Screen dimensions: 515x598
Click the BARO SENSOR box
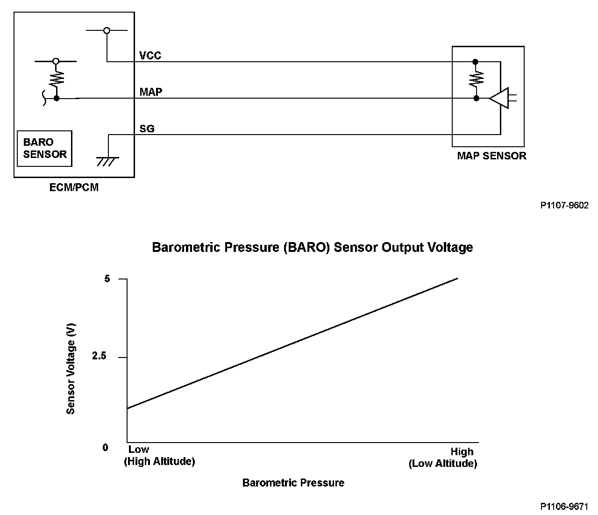pyautogui.click(x=44, y=148)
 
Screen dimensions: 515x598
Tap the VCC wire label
pyautogui.click(x=150, y=56)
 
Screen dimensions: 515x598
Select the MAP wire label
pyautogui.click(x=151, y=92)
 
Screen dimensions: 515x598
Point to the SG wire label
pyautogui.click(x=147, y=128)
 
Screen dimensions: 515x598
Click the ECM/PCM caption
pyautogui.click(x=74, y=188)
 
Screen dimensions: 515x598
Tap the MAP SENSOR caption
pyautogui.click(x=491, y=156)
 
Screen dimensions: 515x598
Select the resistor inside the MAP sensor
pyautogui.click(x=476, y=78)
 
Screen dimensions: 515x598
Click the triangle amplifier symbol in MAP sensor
pyautogui.click(x=498, y=98)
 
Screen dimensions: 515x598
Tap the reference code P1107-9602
pyautogui.click(x=564, y=205)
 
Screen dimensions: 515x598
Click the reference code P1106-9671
pyautogui.click(x=564, y=507)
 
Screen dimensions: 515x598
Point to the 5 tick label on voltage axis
pyautogui.click(x=107, y=279)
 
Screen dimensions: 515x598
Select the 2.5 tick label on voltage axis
pyautogui.click(x=99, y=357)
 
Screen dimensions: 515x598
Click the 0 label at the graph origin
pyautogui.click(x=105, y=447)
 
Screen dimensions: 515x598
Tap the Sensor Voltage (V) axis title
pyautogui.click(x=71, y=370)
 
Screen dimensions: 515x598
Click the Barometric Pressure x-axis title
pyautogui.click(x=293, y=483)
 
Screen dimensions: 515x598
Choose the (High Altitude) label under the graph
pyautogui.click(x=159, y=461)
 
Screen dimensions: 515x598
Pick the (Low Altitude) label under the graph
pyautogui.click(x=443, y=464)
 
